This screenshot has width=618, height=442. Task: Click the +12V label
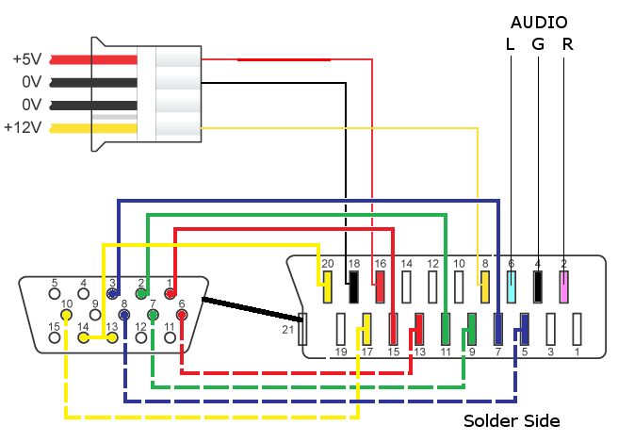pyautogui.click(x=23, y=127)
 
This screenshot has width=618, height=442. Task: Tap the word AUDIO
pyautogui.click(x=540, y=22)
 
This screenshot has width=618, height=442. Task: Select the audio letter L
pyautogui.click(x=511, y=44)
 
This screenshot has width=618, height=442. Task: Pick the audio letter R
pyautogui.click(x=566, y=44)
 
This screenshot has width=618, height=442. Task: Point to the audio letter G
pyautogui.click(x=538, y=44)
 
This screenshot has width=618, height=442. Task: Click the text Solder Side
pyautogui.click(x=512, y=420)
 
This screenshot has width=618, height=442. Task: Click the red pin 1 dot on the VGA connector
pyautogui.click(x=171, y=293)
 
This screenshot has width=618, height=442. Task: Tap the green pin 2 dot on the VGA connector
pyautogui.click(x=141, y=293)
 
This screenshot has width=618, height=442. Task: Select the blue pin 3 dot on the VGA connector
pyautogui.click(x=112, y=293)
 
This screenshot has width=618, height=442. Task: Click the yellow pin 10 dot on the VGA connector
pyautogui.click(x=67, y=315)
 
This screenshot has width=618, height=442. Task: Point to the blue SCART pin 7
pyautogui.click(x=498, y=327)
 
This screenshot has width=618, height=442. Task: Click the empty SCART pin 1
pyautogui.click(x=577, y=327)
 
